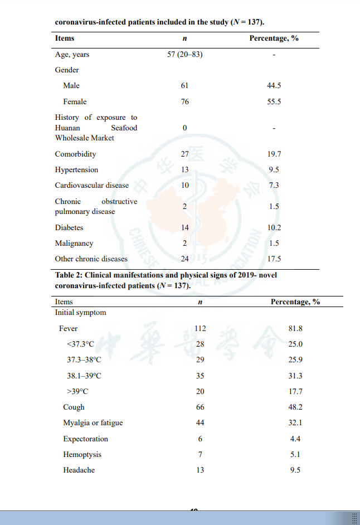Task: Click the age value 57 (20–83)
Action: coord(184,55)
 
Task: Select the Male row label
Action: coord(71,86)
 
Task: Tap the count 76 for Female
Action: coord(184,102)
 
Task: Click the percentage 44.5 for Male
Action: coord(274,86)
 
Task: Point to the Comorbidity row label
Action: coord(75,154)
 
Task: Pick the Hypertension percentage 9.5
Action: coord(274,170)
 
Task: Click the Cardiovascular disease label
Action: coord(91,186)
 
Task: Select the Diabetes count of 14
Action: coord(184,227)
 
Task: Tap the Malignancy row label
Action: coord(74,244)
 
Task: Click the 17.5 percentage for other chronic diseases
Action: coord(274,259)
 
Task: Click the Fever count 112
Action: coord(200,328)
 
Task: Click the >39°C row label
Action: coord(77,392)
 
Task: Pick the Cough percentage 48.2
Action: coord(295,407)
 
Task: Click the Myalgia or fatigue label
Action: coord(93,423)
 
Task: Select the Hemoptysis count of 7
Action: coord(200,455)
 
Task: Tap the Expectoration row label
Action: coord(85,439)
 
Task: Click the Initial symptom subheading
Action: coord(80,313)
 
